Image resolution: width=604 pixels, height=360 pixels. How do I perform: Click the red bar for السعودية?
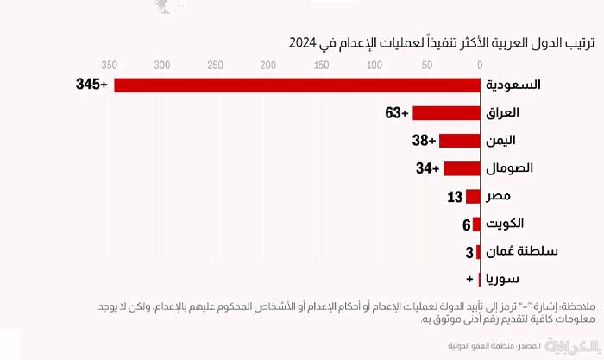click(297, 85)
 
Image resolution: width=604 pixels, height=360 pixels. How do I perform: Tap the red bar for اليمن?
click(459, 141)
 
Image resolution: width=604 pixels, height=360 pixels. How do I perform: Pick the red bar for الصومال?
click(461, 168)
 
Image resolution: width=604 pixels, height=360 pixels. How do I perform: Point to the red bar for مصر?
click(473, 197)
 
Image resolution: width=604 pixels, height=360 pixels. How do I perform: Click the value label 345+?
click(92, 85)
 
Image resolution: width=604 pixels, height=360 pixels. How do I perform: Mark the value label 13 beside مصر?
click(456, 197)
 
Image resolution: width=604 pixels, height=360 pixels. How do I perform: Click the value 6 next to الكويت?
click(466, 224)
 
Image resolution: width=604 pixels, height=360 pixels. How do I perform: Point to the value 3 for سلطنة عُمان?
click(469, 252)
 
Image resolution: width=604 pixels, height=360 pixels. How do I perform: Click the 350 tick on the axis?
click(110, 65)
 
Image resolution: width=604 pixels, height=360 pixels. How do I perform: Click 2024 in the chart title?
click(302, 42)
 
